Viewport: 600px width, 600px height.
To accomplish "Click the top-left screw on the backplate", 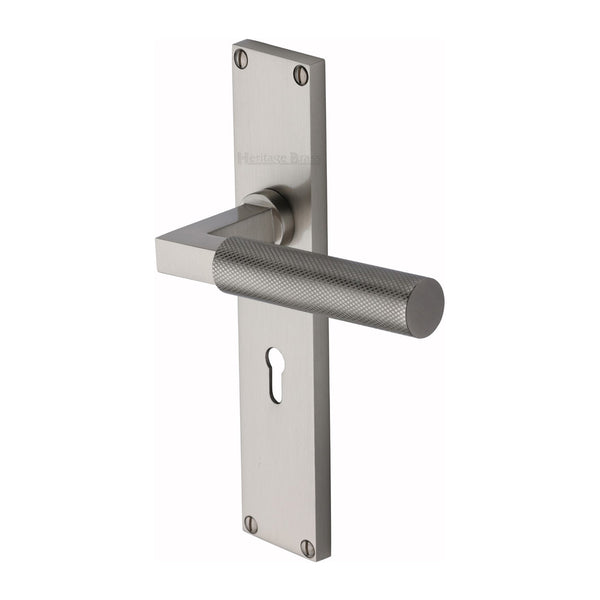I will (x=240, y=58).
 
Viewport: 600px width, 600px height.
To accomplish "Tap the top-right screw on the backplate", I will (x=300, y=74).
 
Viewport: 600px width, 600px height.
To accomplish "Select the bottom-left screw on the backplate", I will (x=250, y=524).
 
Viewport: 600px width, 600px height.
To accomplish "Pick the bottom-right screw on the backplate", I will (x=308, y=547).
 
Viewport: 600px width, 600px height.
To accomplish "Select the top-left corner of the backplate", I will (x=234, y=42).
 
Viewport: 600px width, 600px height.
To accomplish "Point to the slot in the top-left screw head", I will (x=240, y=58).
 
